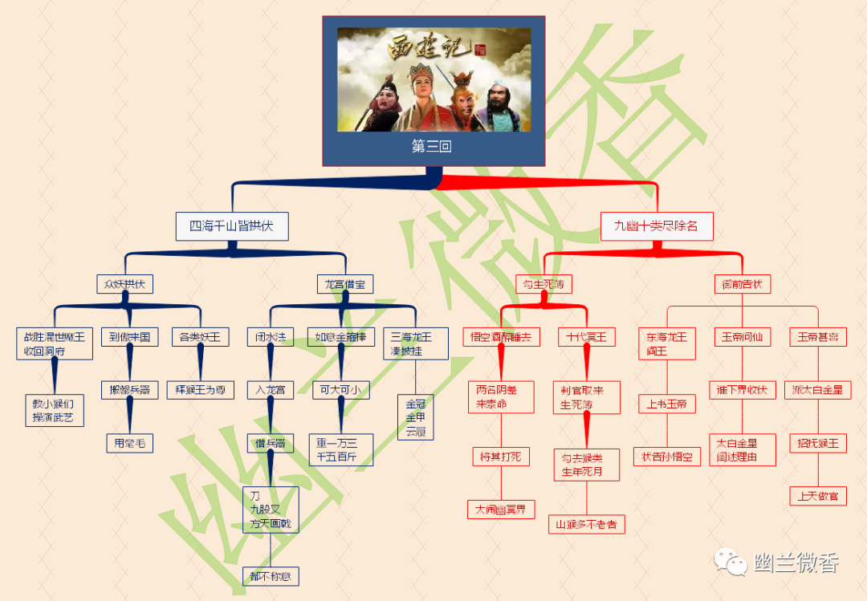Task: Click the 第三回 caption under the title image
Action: (x=433, y=147)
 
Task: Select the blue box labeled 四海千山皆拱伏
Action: (x=231, y=226)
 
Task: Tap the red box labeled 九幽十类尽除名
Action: (x=656, y=226)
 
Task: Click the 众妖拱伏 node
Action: (x=124, y=284)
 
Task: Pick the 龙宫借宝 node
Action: (x=344, y=284)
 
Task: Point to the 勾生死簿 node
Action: (x=543, y=284)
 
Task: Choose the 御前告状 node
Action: (x=742, y=284)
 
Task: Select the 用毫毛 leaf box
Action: (x=129, y=443)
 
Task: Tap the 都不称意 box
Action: (x=270, y=575)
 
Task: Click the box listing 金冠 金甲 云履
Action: (x=415, y=417)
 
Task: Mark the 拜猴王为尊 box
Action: (x=201, y=391)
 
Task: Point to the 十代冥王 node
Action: (x=587, y=337)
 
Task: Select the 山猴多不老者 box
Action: (x=586, y=525)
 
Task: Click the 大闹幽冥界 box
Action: (x=500, y=510)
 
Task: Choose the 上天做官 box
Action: (x=817, y=496)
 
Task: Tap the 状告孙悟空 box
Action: (x=666, y=457)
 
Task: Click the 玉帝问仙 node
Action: (x=742, y=337)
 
